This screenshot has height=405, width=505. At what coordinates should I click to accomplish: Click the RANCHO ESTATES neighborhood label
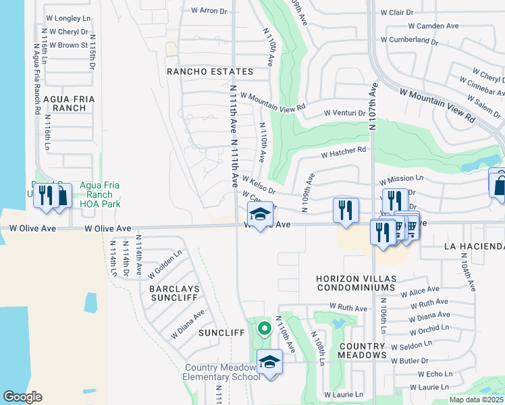click(x=210, y=72)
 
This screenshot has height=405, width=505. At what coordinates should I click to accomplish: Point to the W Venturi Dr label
click(x=344, y=113)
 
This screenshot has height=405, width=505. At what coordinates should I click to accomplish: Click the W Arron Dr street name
click(x=209, y=11)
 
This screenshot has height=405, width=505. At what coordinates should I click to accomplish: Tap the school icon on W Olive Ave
click(x=261, y=214)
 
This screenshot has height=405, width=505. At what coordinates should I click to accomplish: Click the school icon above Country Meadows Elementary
click(x=269, y=362)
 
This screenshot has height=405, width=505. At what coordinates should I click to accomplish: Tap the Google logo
click(x=23, y=397)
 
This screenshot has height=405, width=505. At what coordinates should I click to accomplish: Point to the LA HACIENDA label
click(x=474, y=246)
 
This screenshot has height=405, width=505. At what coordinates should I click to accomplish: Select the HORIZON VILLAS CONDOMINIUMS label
click(x=355, y=283)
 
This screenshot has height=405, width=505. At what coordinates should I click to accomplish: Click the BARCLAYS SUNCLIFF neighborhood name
click(x=174, y=293)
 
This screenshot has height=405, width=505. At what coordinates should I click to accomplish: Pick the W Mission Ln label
click(x=401, y=180)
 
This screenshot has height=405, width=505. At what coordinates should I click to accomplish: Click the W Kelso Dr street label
click(x=258, y=182)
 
